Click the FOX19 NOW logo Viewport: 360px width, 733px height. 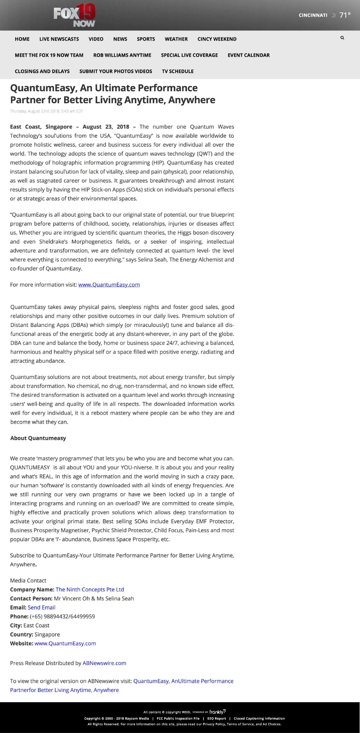[74, 16]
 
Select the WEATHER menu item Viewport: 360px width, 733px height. [176, 39]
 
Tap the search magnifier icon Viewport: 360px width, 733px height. [342, 38]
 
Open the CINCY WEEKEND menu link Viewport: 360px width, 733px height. [217, 39]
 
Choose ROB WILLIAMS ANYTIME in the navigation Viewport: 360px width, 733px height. [122, 55]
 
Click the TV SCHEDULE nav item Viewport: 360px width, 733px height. [178, 71]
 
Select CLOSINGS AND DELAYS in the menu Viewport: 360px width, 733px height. [42, 71]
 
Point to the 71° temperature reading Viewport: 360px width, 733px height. [345, 15]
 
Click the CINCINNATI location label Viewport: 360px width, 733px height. [313, 15]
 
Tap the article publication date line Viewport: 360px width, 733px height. [46, 111]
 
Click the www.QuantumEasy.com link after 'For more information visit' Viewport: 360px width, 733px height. [109, 285]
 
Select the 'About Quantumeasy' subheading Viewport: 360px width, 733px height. [38, 438]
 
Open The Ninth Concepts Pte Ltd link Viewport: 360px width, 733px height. [90, 589]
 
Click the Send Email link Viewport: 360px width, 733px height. [42, 607]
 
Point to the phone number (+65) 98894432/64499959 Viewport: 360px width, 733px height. [62, 616]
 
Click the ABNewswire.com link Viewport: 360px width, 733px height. [104, 663]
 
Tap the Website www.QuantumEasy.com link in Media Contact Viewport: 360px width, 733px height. [65, 643]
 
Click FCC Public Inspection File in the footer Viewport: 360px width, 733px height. [178, 718]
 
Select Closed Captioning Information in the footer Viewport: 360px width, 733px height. [259, 718]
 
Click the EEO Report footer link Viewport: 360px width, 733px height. [216, 718]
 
